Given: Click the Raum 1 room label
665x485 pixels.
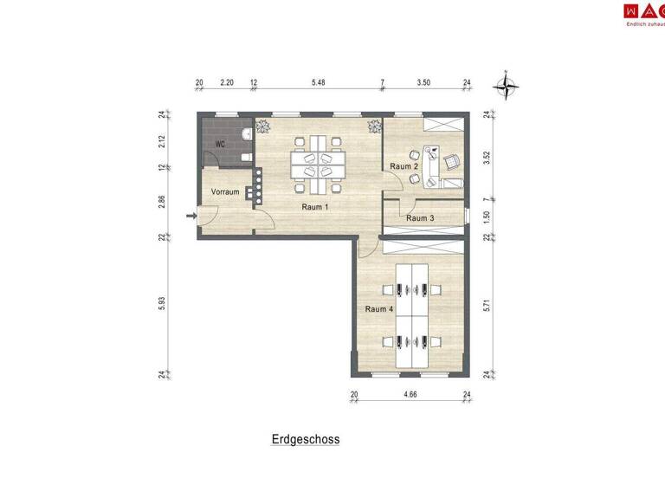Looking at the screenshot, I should tap(315, 207).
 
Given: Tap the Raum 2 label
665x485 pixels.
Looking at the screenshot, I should tap(404, 165).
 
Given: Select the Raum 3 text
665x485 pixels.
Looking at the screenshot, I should tap(420, 218).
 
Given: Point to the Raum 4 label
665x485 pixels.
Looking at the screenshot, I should tap(379, 309).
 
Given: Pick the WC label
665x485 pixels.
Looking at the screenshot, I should tap(220, 145).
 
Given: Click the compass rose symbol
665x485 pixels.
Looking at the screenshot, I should tap(505, 85).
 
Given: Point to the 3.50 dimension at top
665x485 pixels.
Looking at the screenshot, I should tap(423, 83).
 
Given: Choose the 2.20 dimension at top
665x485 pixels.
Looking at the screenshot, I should tap(227, 83).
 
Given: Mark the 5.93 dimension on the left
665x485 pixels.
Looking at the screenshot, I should tap(162, 306).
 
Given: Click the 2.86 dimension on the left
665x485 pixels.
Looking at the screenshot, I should tap(162, 202).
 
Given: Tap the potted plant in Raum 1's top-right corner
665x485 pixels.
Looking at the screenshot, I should tap(375, 126).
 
